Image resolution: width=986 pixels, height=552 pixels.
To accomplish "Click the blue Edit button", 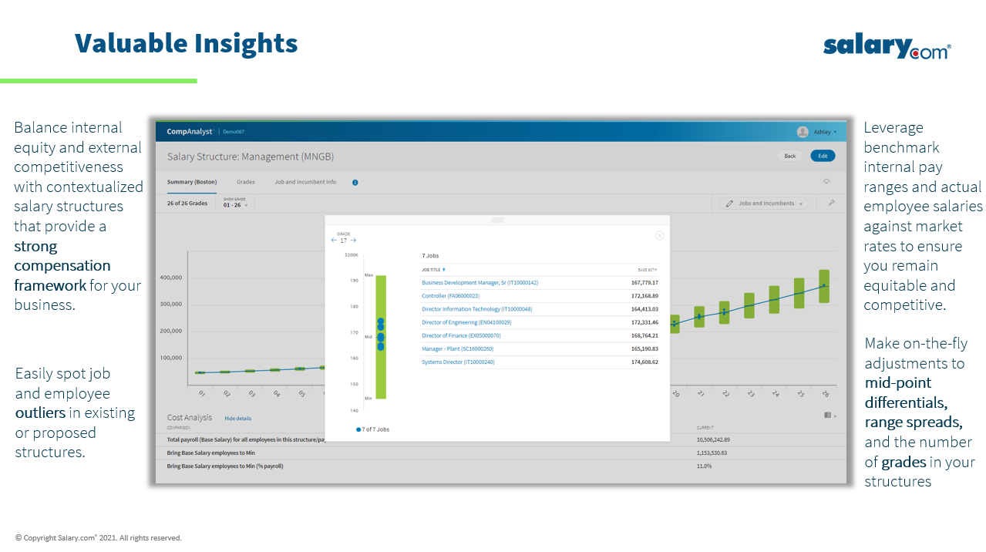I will click(823, 156).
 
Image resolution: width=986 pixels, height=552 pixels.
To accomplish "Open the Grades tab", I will click(245, 183).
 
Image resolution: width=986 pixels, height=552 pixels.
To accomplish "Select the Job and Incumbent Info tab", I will click(305, 183).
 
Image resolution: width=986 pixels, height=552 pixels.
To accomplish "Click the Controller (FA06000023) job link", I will click(450, 296).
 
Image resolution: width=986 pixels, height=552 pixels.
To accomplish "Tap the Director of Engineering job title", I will click(466, 322).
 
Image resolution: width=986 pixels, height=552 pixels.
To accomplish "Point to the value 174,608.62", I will click(644, 362).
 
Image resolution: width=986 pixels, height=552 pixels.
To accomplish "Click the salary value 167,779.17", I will click(644, 283).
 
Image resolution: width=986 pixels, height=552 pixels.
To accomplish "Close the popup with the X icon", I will click(659, 236).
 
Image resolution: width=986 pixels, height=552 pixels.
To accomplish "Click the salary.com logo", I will click(887, 47).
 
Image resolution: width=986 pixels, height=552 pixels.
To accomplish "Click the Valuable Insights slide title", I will click(186, 43).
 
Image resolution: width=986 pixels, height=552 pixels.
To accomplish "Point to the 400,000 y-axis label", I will click(171, 278).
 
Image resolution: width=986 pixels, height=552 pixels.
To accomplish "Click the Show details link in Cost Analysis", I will click(237, 419).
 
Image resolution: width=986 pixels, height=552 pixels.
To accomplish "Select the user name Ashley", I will click(823, 132).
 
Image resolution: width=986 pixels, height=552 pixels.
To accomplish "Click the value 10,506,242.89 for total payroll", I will click(712, 439).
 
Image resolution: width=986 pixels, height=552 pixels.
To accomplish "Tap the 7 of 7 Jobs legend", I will click(374, 429).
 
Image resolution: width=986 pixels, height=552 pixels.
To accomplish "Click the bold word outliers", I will click(40, 412).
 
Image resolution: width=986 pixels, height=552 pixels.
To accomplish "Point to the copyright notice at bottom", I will click(99, 537).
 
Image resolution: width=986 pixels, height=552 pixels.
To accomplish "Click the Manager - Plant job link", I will click(457, 348).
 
